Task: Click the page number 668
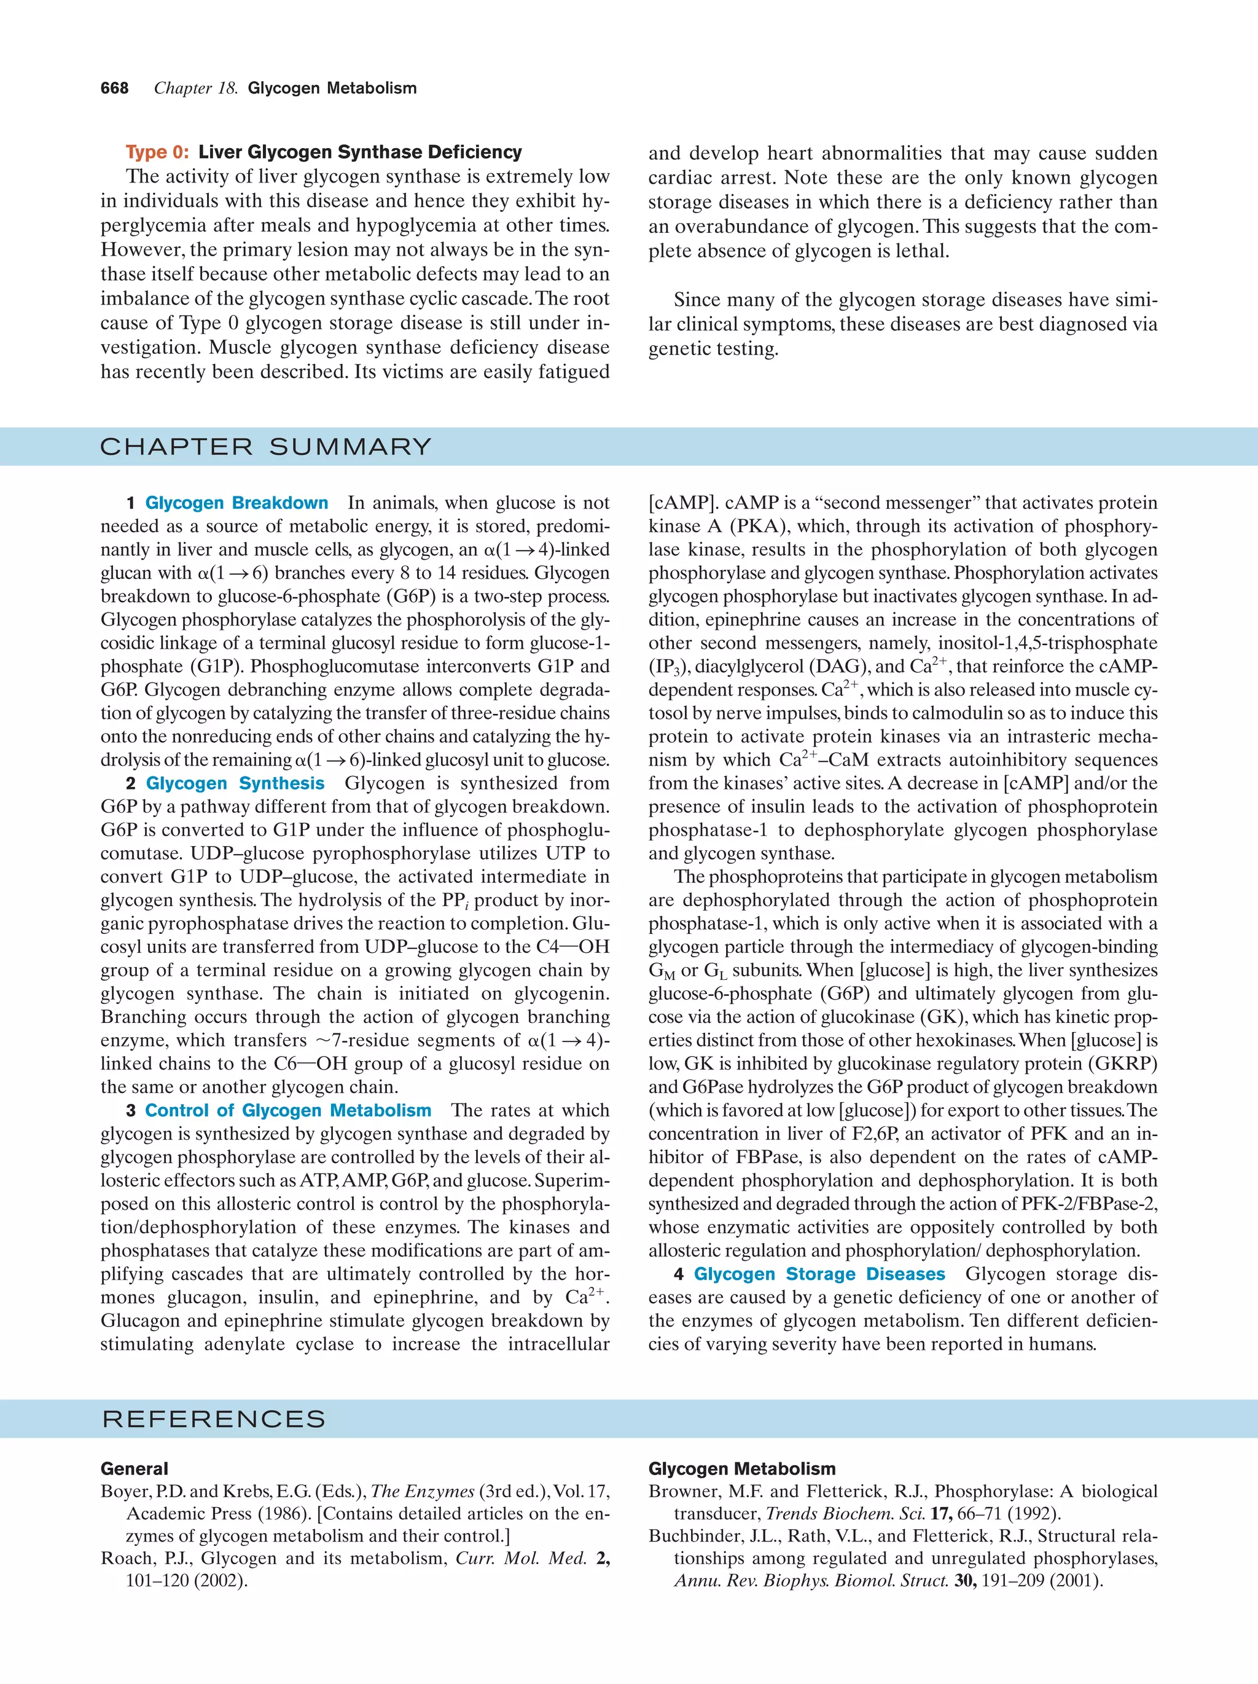tap(114, 88)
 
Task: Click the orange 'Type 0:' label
tap(157, 152)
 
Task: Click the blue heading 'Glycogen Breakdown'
tap(236, 503)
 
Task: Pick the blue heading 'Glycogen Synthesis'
tap(235, 783)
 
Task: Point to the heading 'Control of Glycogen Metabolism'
tap(289, 1111)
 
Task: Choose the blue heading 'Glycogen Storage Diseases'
tap(819, 1274)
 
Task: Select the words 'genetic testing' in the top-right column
tap(713, 350)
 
